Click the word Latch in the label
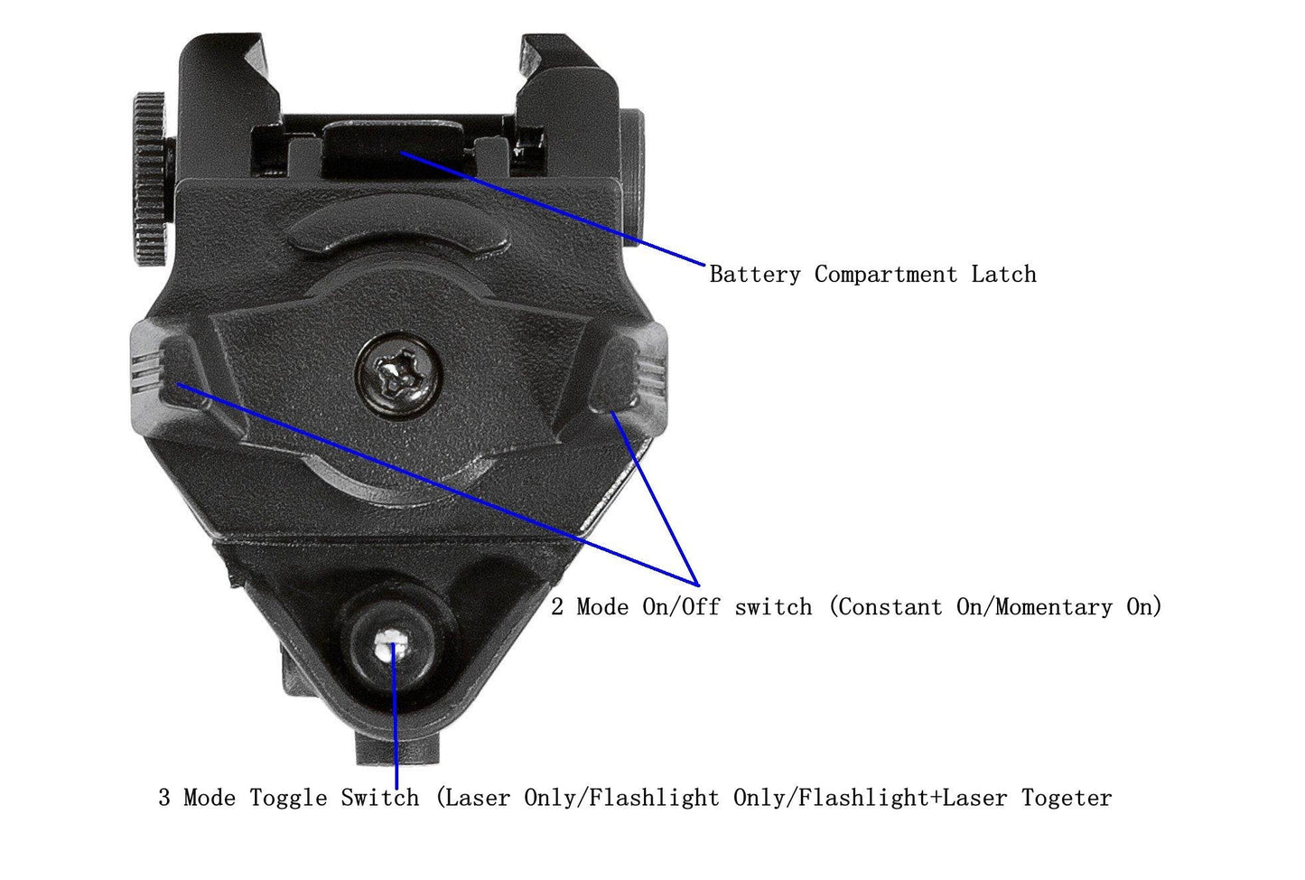(x=1003, y=275)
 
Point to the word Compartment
(x=885, y=275)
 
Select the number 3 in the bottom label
(x=164, y=798)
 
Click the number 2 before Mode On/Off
(x=557, y=607)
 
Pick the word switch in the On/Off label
(x=773, y=607)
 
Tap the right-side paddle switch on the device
(x=632, y=370)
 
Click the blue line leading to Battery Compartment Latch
(x=560, y=212)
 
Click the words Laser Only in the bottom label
(x=511, y=798)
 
